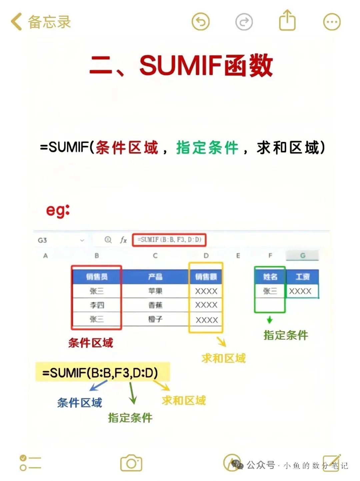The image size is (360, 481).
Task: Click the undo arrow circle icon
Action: (200, 22)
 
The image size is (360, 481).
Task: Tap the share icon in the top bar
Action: (287, 21)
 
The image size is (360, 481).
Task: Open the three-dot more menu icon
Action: (332, 22)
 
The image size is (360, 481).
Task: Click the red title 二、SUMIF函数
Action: (181, 65)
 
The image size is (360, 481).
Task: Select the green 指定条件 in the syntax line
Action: (207, 148)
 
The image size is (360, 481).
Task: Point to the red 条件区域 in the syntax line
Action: (127, 148)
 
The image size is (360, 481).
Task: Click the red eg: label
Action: (58, 210)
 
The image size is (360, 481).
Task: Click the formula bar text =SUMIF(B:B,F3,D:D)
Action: (169, 240)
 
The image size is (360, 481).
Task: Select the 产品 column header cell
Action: (155, 277)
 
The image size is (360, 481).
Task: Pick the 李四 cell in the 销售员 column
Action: (97, 305)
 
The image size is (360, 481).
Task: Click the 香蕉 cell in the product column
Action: (155, 305)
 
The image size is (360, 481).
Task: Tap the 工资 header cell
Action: (302, 277)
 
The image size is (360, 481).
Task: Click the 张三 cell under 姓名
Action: (270, 291)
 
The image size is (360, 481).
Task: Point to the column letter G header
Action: (303, 256)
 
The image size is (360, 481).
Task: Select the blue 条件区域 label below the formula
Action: (79, 403)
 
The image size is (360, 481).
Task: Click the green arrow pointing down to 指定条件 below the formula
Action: (132, 393)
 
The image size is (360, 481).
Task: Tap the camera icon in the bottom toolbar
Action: (131, 463)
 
